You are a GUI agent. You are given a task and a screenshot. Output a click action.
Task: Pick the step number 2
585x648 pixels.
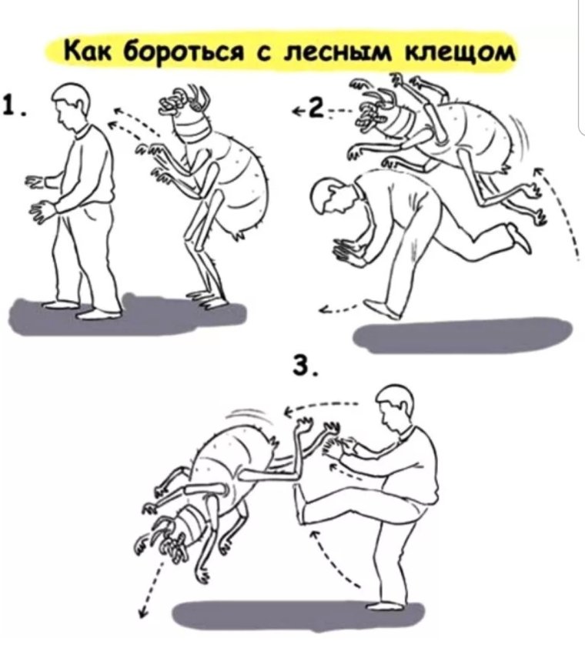[314, 111]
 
